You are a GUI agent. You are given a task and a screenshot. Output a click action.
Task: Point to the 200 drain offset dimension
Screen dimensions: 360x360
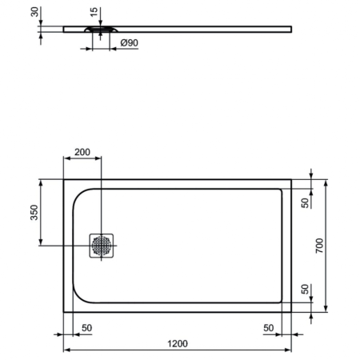pos(82,152)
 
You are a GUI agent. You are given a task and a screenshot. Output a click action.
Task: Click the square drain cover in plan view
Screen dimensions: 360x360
pos(102,245)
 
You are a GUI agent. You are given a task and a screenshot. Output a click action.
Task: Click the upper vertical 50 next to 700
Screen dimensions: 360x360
pos(303,202)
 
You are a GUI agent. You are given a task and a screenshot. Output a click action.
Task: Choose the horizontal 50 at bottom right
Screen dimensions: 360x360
pos(269,328)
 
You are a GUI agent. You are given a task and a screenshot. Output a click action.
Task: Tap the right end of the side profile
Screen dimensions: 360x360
pos(291,29)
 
